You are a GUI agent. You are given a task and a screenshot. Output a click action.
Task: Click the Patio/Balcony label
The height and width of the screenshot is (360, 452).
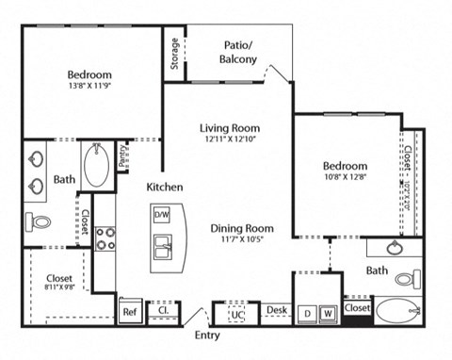[x=240, y=51]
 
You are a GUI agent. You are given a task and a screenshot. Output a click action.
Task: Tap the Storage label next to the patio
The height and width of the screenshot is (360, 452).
[x=175, y=55]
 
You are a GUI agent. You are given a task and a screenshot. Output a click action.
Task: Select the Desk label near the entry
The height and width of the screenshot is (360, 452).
[x=275, y=309]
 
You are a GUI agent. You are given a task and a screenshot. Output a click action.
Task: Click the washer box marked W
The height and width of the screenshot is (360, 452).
[x=328, y=312]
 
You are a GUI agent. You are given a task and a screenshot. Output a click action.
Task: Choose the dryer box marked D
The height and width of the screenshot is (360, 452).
[x=307, y=312]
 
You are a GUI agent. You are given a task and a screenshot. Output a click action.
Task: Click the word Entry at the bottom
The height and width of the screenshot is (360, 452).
[x=206, y=335]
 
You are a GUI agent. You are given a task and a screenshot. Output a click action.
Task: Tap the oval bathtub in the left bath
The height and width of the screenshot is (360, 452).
[x=96, y=166]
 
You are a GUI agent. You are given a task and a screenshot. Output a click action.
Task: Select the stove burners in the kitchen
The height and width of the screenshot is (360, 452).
[x=105, y=237]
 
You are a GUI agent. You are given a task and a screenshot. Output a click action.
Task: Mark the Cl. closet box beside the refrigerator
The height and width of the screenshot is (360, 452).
[x=162, y=310]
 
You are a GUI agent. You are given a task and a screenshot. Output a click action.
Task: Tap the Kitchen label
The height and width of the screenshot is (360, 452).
[x=164, y=187]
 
